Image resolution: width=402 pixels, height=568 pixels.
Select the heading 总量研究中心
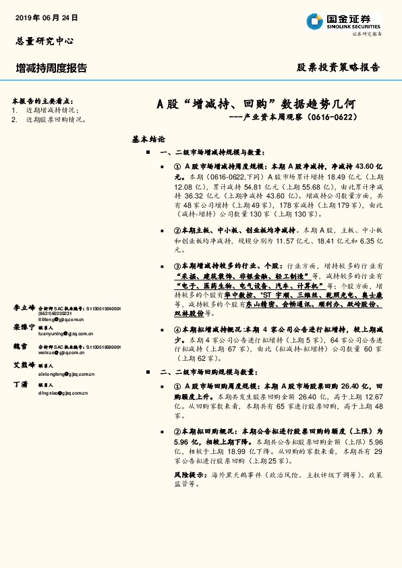click(x=44, y=40)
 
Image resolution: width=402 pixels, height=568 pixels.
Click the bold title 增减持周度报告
click(x=51, y=68)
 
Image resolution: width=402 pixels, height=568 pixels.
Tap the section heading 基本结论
click(x=148, y=140)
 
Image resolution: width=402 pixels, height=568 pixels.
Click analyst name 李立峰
click(x=24, y=307)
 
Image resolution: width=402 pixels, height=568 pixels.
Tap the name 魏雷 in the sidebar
click(x=21, y=345)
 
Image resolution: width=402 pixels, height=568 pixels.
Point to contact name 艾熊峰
click(x=24, y=365)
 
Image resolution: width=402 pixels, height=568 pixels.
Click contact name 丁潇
click(x=21, y=384)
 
